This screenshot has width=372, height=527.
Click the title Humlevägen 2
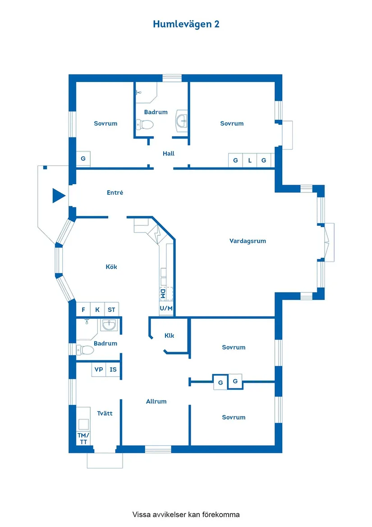[186, 24]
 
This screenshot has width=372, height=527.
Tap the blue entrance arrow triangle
[58, 195]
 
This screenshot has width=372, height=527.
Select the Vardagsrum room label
[248, 241]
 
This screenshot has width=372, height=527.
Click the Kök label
[111, 267]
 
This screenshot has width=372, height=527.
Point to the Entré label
[115, 192]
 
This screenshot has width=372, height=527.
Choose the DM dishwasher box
[163, 294]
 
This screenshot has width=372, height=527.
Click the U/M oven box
[166, 308]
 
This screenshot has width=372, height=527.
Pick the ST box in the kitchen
[111, 309]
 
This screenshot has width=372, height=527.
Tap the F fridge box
[83, 309]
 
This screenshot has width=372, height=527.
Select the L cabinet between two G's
[250, 160]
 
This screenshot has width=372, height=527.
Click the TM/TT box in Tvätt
[83, 438]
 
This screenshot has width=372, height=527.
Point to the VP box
[99, 369]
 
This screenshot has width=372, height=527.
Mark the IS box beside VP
[113, 369]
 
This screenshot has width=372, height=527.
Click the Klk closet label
[169, 336]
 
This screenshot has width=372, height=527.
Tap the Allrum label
[156, 401]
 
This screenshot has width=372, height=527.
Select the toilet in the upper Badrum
[145, 124]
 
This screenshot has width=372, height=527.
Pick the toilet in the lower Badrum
[83, 349]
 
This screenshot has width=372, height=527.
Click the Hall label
[169, 154]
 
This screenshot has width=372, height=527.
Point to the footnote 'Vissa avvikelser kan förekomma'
[186, 514]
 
